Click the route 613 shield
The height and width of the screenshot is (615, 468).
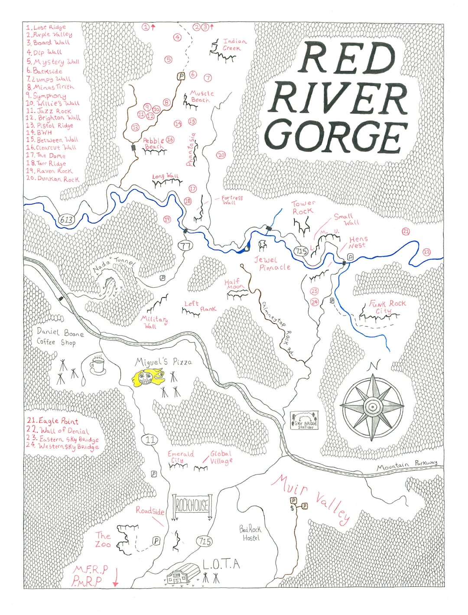pyautogui.click(x=66, y=219)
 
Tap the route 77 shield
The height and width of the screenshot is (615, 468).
pyautogui.click(x=185, y=246)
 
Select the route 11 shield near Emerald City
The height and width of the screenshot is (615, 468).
pyautogui.click(x=150, y=440)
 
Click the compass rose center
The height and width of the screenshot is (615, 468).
pyautogui.click(x=372, y=407)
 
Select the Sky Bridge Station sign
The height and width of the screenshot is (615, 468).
pyautogui.click(x=305, y=420)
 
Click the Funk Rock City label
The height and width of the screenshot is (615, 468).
pyautogui.click(x=387, y=307)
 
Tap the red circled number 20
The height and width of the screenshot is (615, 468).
pyautogui.click(x=221, y=155)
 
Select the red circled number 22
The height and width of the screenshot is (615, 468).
pyautogui.click(x=427, y=251)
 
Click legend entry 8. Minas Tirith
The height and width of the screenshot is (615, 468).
pyautogui.click(x=51, y=87)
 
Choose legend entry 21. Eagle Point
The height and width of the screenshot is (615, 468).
pyautogui.click(x=52, y=421)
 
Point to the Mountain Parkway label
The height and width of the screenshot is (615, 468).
pyautogui.click(x=406, y=465)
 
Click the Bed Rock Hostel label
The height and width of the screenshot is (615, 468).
pyautogui.click(x=250, y=533)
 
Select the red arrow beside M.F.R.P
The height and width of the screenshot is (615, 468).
pyautogui.click(x=115, y=578)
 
